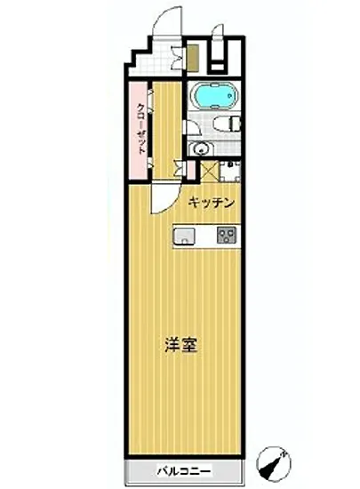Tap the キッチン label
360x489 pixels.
[x=211, y=204]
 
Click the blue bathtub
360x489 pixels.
[x=212, y=93]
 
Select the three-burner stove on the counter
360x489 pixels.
[x=226, y=236]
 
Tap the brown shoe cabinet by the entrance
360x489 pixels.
[x=191, y=58]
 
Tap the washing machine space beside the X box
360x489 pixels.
[x=231, y=171]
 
